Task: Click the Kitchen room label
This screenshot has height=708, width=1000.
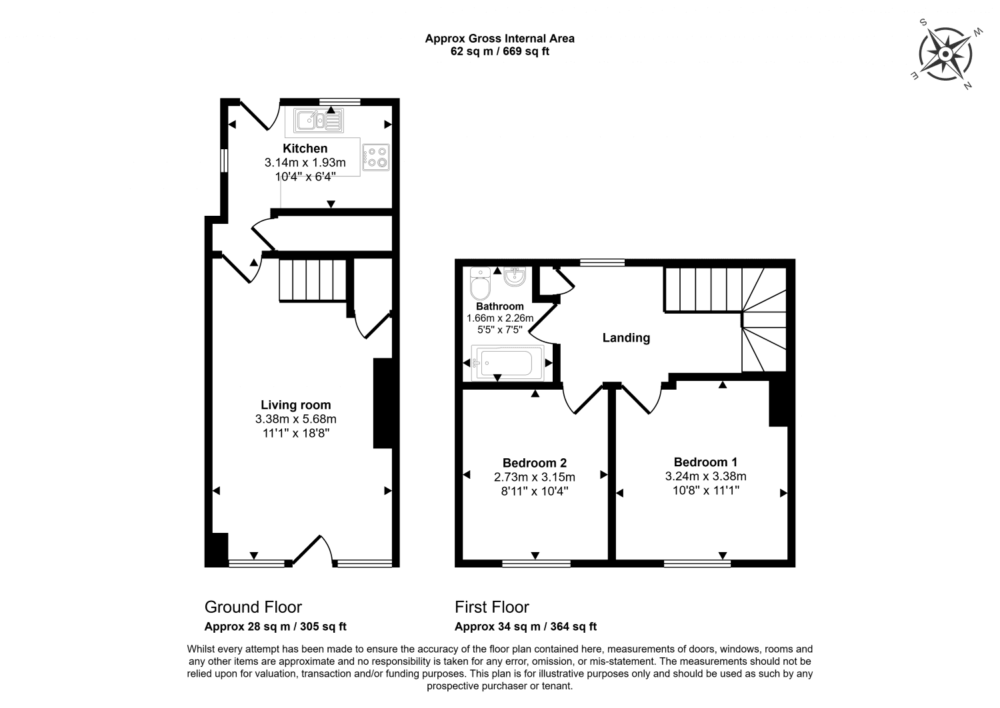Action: point(305,148)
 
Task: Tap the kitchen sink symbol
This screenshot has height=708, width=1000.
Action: point(319,121)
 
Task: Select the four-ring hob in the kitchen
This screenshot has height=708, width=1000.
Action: point(376,157)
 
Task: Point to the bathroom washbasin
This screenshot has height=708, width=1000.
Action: point(515,276)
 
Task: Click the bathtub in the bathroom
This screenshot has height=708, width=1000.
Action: point(508,363)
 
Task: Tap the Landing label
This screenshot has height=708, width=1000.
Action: point(626,338)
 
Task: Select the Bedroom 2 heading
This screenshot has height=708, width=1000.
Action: point(535,463)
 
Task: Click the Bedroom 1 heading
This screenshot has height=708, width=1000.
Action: point(705,462)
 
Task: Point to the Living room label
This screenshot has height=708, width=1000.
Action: point(295,405)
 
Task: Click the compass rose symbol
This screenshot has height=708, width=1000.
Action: point(945,55)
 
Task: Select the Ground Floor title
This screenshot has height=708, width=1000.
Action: point(253,607)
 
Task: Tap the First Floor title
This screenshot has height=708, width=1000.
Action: point(492,607)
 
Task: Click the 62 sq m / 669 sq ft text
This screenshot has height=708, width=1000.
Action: point(499,51)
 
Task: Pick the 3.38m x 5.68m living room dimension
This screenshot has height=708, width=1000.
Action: point(295,419)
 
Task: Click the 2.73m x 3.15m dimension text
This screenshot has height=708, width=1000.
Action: point(535,477)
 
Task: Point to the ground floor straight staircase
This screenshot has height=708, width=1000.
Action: point(313,280)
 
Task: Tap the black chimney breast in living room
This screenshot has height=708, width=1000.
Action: point(383,403)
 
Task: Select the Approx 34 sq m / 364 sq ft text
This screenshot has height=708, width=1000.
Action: point(525,626)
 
